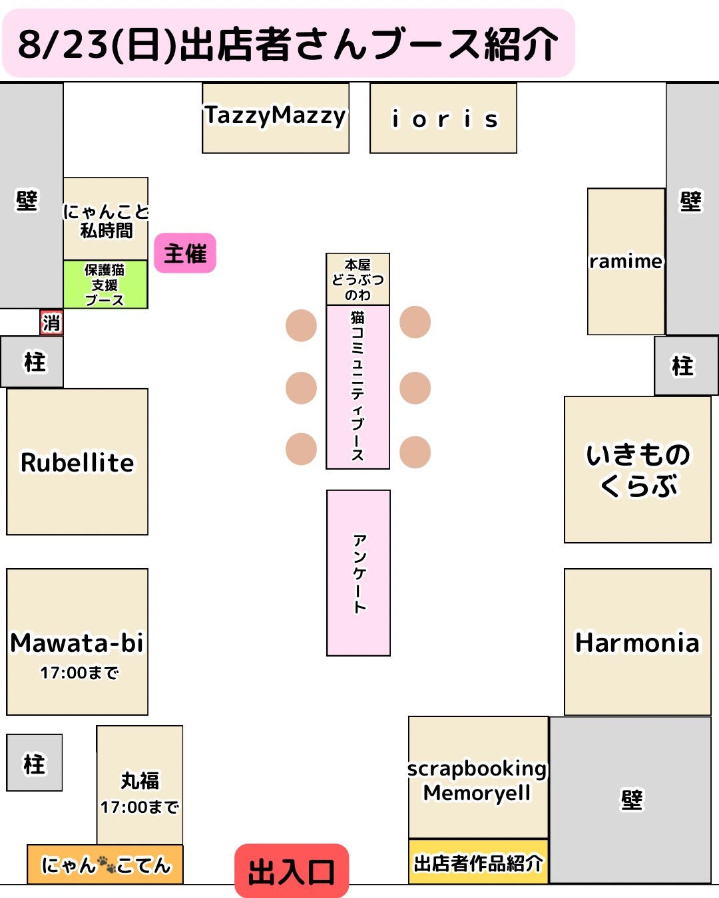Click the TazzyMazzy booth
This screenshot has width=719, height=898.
pos(276,118)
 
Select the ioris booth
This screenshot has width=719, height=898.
pos(443,118)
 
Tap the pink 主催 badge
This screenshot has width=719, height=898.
pos(185,253)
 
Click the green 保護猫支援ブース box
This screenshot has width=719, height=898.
pos(105,285)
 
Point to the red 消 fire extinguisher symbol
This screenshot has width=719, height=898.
pos(51,323)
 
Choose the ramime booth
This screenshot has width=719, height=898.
pos(626,261)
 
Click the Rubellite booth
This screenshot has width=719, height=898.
pos(77,462)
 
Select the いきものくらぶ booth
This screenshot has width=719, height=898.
pos(638,470)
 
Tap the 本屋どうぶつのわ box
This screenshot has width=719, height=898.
pos(358,279)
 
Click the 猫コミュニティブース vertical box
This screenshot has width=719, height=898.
pos(358,387)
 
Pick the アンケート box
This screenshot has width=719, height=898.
pos(358,573)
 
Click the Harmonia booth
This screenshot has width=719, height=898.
pos(638,642)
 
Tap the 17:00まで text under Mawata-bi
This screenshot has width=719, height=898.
pos(79,673)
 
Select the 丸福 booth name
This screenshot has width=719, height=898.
pos(140,780)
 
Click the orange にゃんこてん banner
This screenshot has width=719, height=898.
pos(105,864)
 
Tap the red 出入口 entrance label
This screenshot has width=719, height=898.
pos(292,871)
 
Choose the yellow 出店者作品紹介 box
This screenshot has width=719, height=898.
pos(479,861)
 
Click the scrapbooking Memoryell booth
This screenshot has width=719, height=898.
pos(479,778)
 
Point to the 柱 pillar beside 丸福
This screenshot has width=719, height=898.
pos(34,763)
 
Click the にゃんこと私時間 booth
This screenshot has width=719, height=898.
pos(106,219)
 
